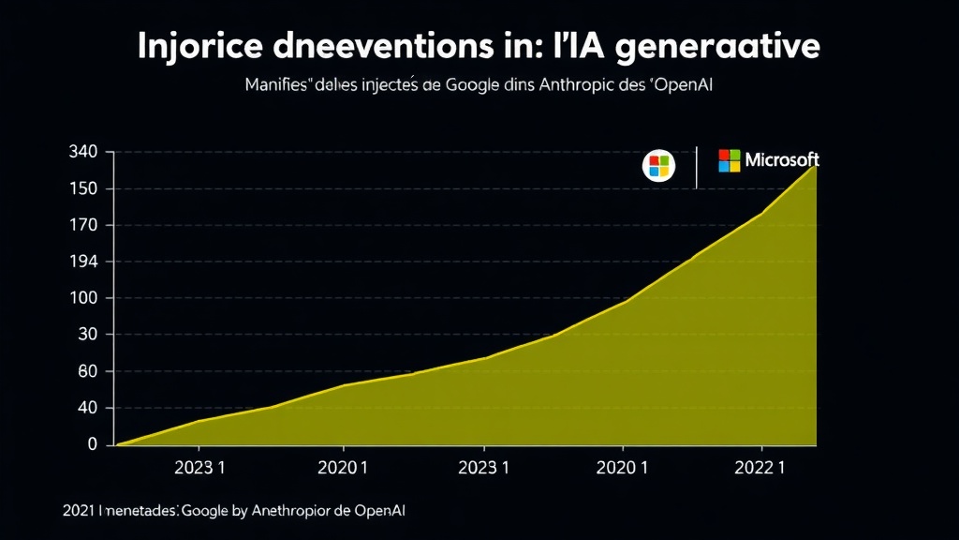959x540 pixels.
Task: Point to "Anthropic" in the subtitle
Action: [573, 85]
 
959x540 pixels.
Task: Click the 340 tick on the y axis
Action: [84, 152]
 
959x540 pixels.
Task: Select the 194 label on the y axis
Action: [84, 262]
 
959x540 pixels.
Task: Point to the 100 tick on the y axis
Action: [84, 298]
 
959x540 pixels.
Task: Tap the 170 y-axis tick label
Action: [84, 225]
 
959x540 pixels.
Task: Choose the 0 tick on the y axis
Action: [93, 444]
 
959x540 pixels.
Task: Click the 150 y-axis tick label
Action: [84, 188]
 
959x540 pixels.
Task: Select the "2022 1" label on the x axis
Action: [761, 468]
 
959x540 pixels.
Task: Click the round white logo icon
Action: [658, 167]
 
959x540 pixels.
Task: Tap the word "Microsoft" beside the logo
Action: [782, 160]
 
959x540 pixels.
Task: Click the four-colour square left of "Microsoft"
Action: [730, 160]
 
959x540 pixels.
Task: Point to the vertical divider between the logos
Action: [696, 167]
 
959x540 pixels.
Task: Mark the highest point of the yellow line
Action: [816, 166]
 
